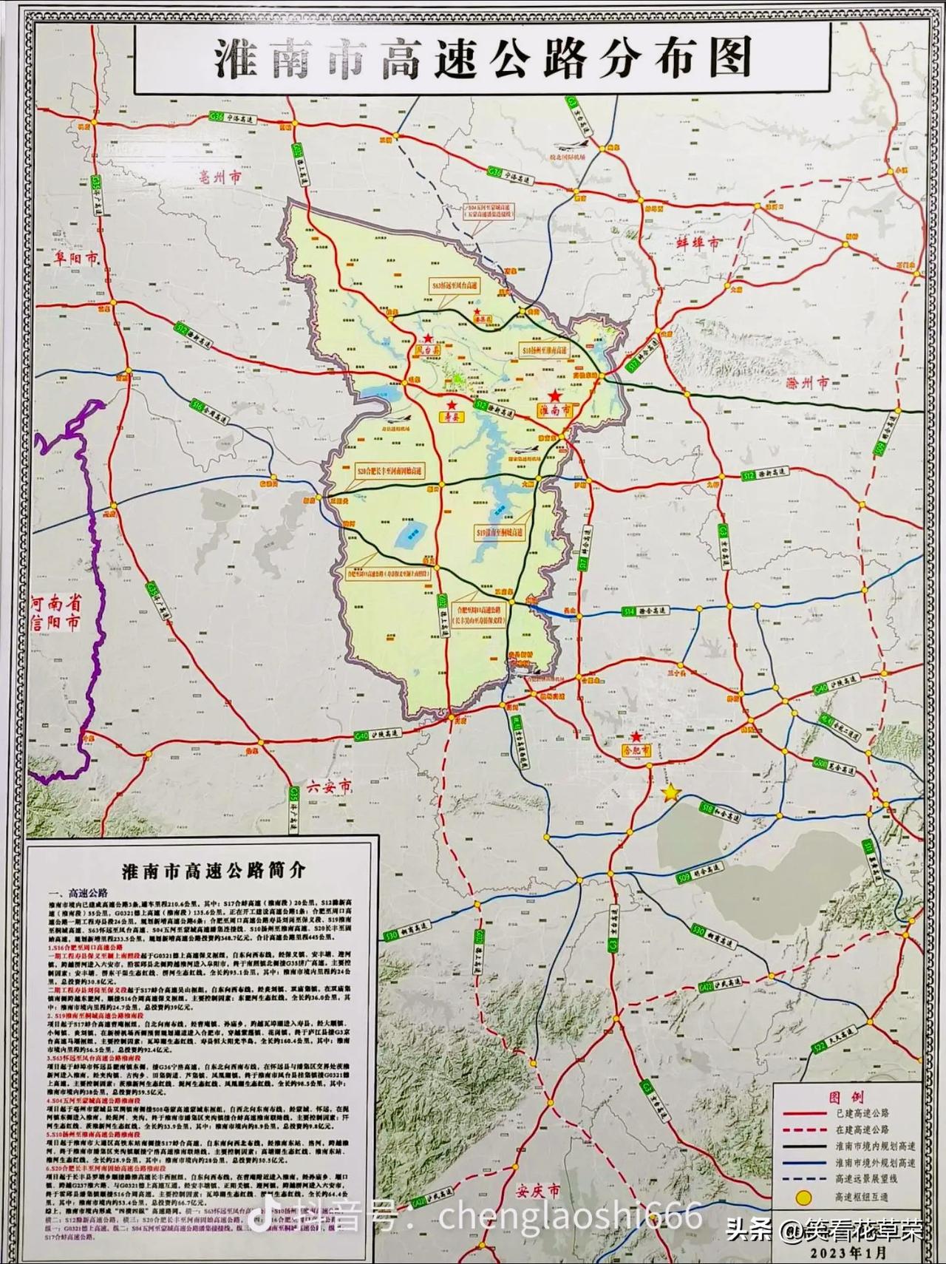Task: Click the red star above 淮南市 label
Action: tap(554, 397)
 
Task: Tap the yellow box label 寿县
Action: tap(449, 417)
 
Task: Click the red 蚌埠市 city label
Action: tap(698, 242)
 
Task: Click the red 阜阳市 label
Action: tap(75, 259)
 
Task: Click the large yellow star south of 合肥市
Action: tap(670, 793)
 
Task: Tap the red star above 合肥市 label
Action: tap(636, 737)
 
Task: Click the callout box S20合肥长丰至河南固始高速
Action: tap(391, 470)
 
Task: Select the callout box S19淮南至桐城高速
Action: tap(500, 531)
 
